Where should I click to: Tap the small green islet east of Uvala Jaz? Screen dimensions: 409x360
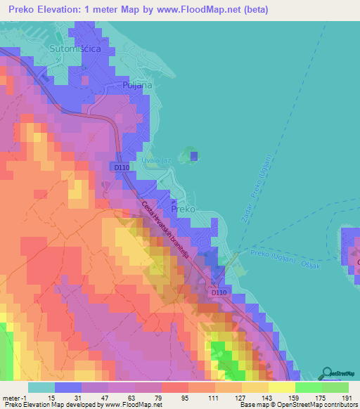[188, 155]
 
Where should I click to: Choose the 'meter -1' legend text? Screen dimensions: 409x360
[15, 398]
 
